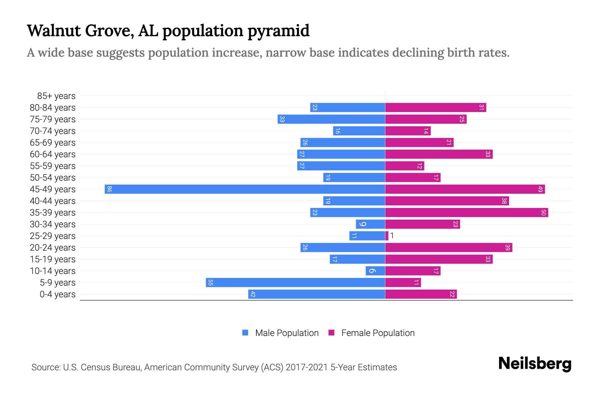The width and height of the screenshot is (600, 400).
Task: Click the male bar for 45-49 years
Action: pyautogui.click(x=245, y=189)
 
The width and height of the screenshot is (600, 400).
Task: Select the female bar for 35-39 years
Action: pyautogui.click(x=467, y=213)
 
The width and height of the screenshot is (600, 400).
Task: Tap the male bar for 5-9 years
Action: pyautogui.click(x=295, y=283)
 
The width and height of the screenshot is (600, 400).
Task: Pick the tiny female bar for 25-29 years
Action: pyautogui.click(x=387, y=236)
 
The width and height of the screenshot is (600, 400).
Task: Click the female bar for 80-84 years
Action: pyautogui.click(x=436, y=108)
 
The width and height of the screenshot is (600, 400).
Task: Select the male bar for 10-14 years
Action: pyautogui.click(x=375, y=271)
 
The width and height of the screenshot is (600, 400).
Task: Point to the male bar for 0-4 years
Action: pyautogui.click(x=317, y=294)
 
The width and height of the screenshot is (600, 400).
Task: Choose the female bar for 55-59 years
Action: pyautogui.click(x=405, y=166)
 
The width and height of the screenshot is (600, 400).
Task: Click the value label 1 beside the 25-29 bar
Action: pyautogui.click(x=392, y=236)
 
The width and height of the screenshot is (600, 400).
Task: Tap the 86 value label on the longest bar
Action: pyautogui.click(x=109, y=189)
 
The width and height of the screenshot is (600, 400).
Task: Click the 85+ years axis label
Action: pyautogui.click(x=56, y=96)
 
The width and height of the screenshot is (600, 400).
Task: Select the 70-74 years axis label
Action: pyautogui.click(x=53, y=131)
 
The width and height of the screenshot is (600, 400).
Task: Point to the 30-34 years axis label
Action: pyautogui.click(x=53, y=224)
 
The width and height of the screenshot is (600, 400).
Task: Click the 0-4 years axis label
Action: pyautogui.click(x=57, y=294)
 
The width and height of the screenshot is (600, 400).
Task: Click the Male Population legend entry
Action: pyautogui.click(x=287, y=333)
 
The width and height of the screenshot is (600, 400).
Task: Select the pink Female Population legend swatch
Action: pyautogui.click(x=331, y=333)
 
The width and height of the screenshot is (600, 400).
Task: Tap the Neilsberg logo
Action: pyautogui.click(x=535, y=364)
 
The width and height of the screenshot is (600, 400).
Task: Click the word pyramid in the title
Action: pyautogui.click(x=278, y=31)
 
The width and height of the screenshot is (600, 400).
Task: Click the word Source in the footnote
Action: pyautogui.click(x=46, y=367)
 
